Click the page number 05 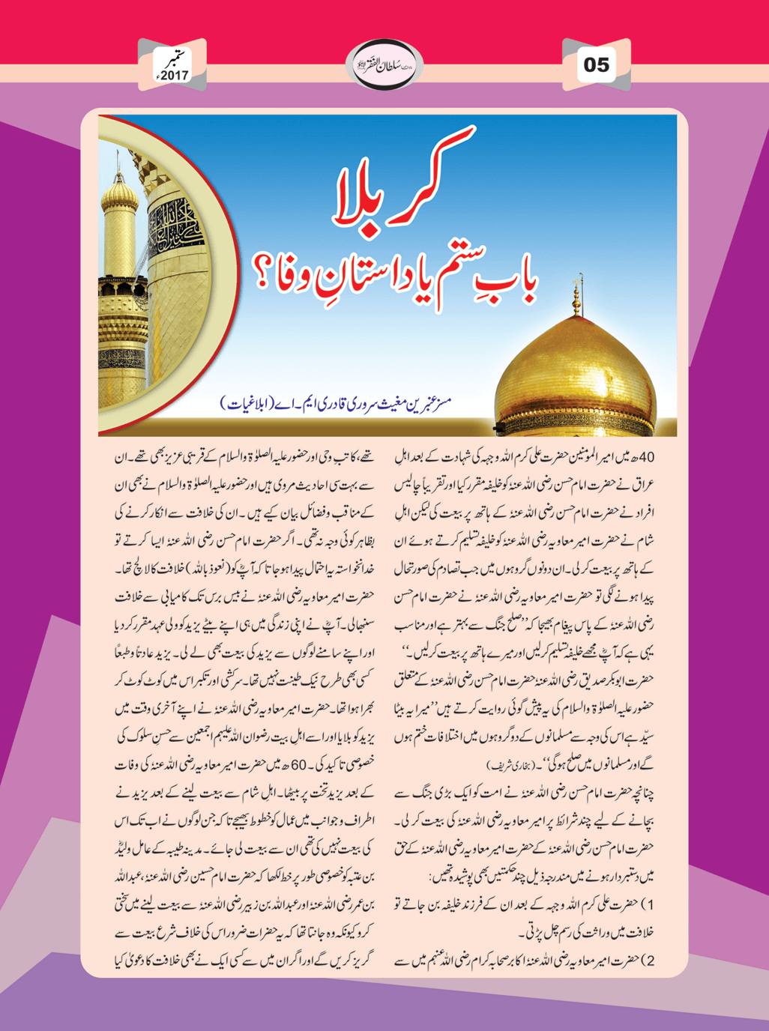[597, 64]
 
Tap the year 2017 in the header [174, 76]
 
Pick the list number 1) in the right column [651, 905]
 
